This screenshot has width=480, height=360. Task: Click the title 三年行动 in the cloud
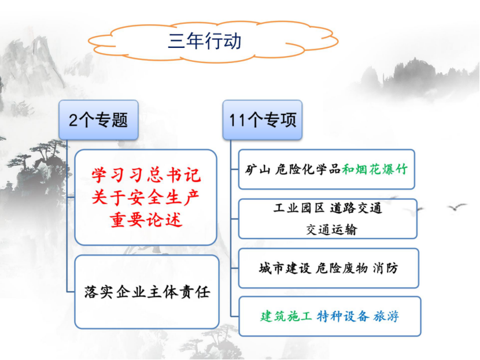click(205, 41)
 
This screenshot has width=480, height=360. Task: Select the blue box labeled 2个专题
click(98, 120)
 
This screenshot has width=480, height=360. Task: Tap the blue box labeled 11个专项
click(263, 120)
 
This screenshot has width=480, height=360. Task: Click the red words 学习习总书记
click(146, 175)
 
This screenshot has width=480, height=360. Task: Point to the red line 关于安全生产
click(146, 197)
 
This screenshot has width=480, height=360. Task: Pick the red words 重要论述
click(146, 220)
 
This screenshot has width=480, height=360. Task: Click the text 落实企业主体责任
click(147, 292)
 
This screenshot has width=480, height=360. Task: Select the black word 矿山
click(257, 169)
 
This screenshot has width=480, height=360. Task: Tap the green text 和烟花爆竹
click(375, 169)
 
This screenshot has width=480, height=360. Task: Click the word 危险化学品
click(308, 169)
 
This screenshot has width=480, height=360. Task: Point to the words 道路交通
click(356, 208)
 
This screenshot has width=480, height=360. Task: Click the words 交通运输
click(331, 229)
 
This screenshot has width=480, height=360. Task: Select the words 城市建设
click(285, 268)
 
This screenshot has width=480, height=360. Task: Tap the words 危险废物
click(341, 268)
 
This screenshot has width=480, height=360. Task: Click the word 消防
click(385, 268)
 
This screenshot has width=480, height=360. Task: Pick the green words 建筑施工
click(286, 316)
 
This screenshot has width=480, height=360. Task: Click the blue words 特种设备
click(343, 316)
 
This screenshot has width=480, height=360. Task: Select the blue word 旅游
click(386, 316)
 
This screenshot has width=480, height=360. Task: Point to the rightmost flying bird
click(457, 207)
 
